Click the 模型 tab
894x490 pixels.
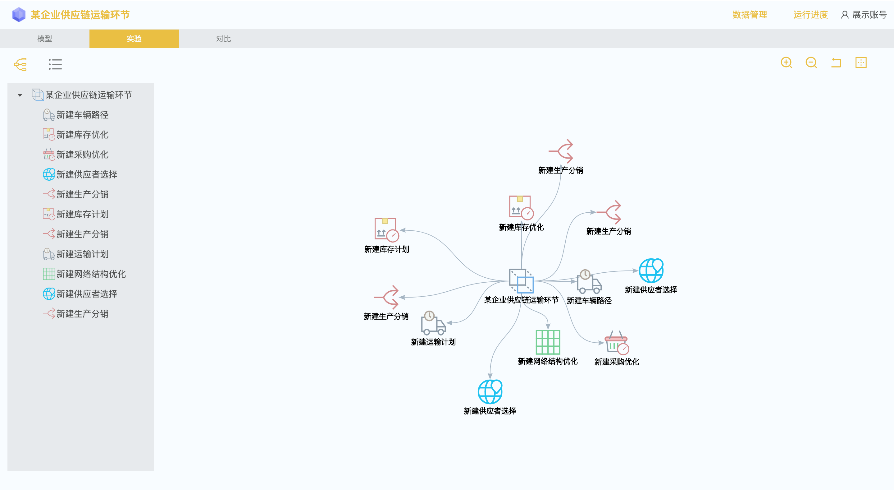[x=44, y=39]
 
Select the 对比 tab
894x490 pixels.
[x=223, y=39]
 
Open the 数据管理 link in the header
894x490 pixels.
[x=749, y=15]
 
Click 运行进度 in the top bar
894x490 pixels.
[x=810, y=15]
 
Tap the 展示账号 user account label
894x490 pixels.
[x=864, y=15]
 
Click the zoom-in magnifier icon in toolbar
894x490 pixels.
[x=786, y=63]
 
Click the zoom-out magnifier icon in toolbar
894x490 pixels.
[x=811, y=63]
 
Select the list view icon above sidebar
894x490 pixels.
[x=55, y=64]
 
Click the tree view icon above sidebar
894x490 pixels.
[x=21, y=64]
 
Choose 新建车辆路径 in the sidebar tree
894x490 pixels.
[x=82, y=115]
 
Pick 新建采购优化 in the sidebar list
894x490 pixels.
[x=82, y=155]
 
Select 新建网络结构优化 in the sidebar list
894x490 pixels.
[x=91, y=274]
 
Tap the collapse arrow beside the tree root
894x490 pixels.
[x=20, y=95]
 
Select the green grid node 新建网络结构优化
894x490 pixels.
[x=548, y=342]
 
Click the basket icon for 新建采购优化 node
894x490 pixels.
[x=616, y=342]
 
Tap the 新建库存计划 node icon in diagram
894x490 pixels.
[x=386, y=229]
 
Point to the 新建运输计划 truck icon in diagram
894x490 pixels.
[x=433, y=323]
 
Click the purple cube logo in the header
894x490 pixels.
[x=19, y=15]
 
